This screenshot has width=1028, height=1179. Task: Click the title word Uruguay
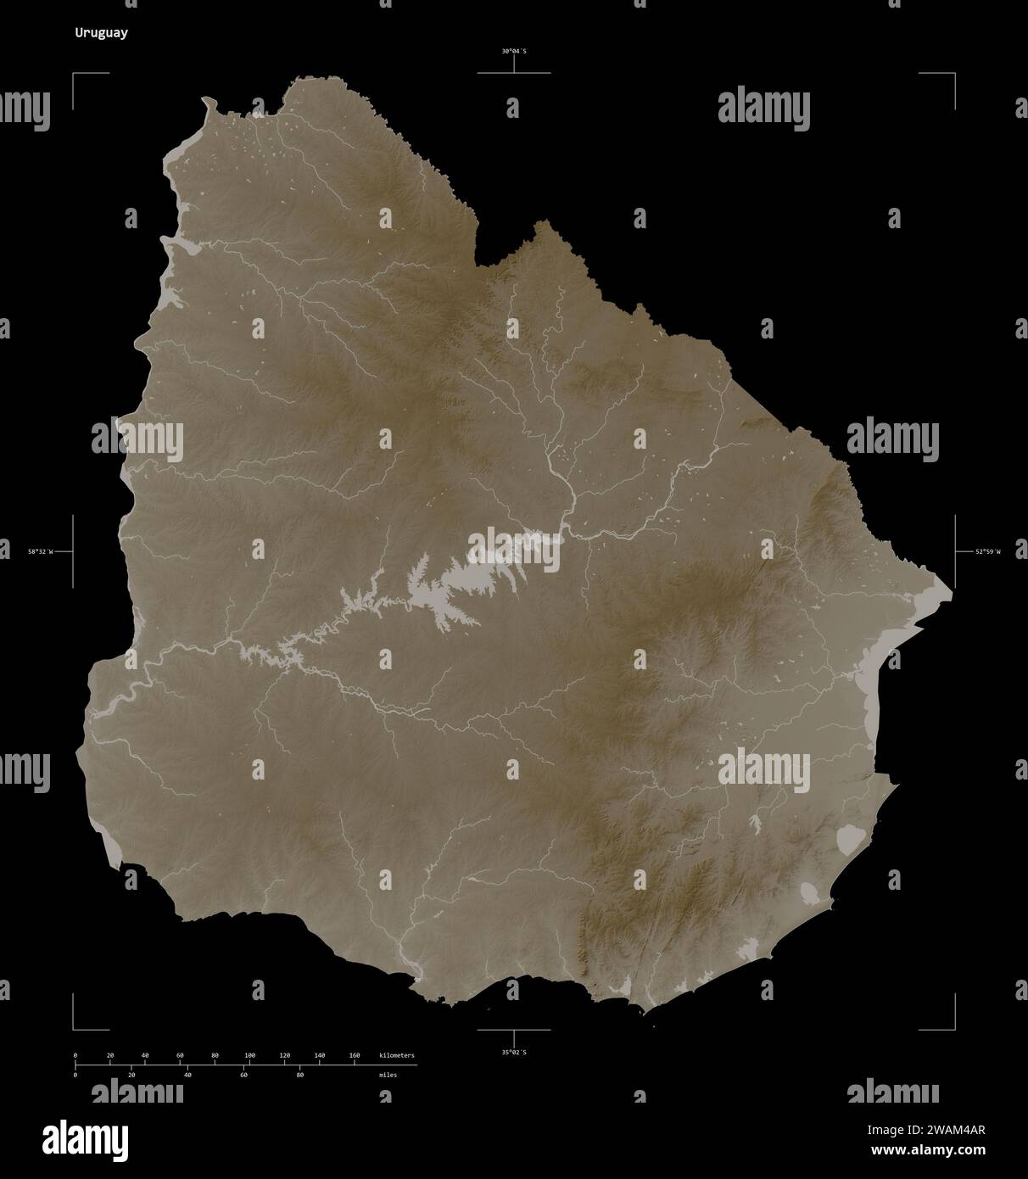coord(101,34)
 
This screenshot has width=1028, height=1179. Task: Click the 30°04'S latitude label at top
coord(513,51)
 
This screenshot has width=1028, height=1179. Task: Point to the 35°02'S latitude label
coord(513,1053)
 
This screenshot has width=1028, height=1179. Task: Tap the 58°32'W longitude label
coord(39,552)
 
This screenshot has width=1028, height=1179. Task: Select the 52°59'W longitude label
coord(987,552)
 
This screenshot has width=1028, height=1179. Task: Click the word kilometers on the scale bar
coord(397,1055)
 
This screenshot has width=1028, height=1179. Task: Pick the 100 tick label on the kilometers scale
coord(249,1055)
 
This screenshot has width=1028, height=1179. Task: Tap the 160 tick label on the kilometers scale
coord(355,1055)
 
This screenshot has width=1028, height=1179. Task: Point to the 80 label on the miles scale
coord(299,1075)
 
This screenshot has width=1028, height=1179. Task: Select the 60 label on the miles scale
coord(243,1075)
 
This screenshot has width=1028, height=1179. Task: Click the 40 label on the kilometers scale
coord(145,1055)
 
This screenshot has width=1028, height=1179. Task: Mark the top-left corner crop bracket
coord(75,75)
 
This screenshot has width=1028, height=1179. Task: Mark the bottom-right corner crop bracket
coord(953,1027)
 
